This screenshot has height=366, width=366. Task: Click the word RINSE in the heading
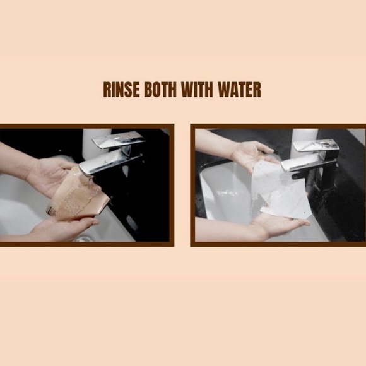[121, 90]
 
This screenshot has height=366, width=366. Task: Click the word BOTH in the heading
[160, 90]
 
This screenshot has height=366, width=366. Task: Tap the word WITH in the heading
[197, 90]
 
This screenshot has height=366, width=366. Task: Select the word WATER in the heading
[240, 90]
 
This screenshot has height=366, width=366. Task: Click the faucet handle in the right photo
[315, 146]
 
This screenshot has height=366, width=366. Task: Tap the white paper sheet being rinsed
[281, 190]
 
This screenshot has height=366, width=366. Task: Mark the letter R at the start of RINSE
[107, 90]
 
